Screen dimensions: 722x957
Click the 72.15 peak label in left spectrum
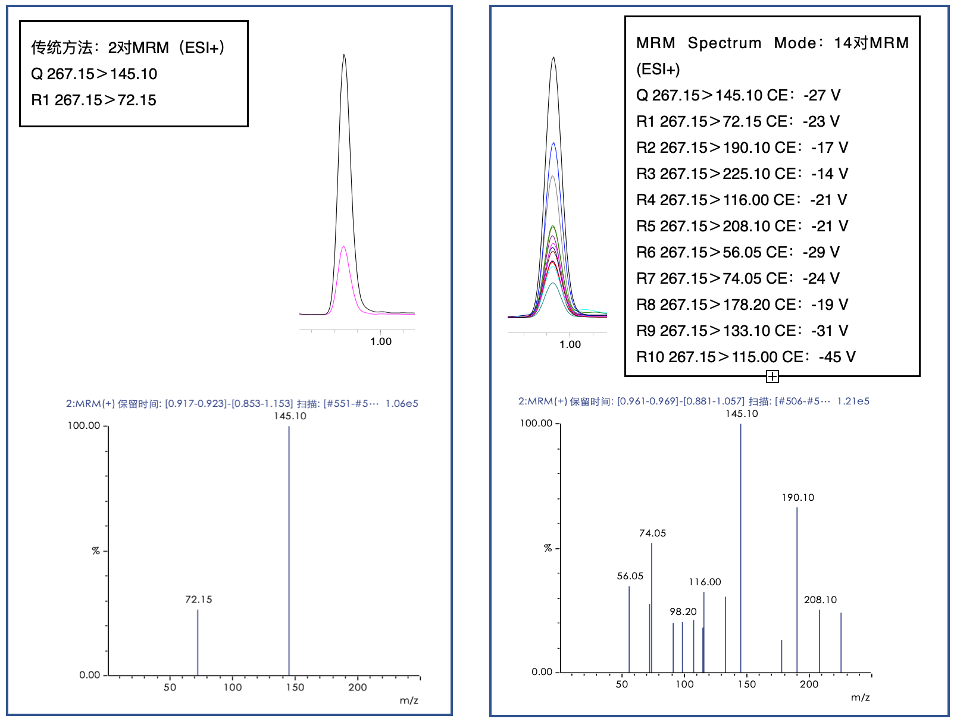198,599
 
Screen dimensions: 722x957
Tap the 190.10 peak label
797,497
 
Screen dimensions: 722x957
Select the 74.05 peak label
652,533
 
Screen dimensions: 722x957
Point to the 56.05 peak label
630,576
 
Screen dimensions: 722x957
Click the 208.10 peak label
820,599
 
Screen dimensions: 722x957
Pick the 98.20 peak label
683,611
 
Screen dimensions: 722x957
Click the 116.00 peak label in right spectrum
705,582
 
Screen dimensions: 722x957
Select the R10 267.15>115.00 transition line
746,357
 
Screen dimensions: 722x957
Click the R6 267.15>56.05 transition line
738,252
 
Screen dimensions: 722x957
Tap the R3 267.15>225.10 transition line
742,174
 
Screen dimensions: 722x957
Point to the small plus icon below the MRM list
772,376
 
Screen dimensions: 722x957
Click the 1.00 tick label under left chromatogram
381,341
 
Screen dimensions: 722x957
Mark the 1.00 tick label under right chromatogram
570,344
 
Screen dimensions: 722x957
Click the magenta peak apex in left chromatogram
343,246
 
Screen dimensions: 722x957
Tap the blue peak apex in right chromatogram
553,143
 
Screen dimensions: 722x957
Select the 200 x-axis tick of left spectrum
358,688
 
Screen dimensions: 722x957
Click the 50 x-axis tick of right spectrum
622,685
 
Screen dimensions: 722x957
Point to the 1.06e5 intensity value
402,403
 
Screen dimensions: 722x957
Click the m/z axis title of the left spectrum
409,701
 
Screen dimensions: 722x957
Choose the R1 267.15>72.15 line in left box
94,100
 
